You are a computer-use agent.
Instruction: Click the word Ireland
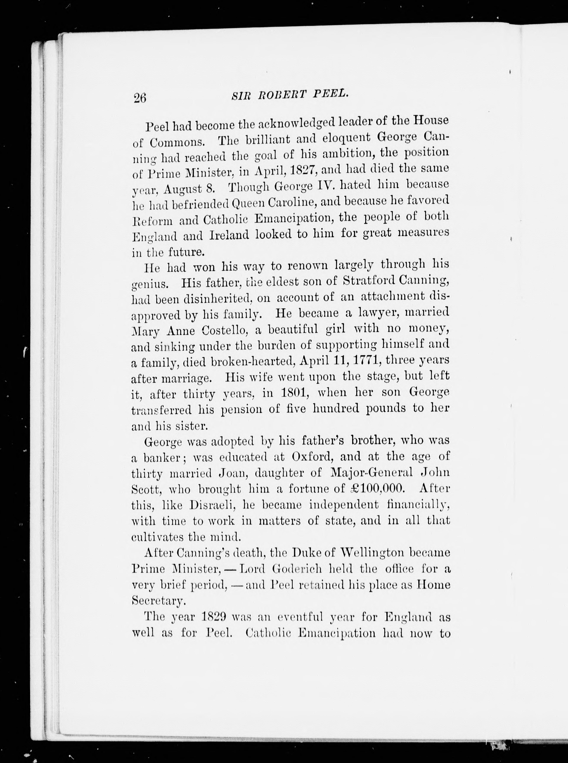point(229,235)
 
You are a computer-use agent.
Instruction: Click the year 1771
point(365,361)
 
